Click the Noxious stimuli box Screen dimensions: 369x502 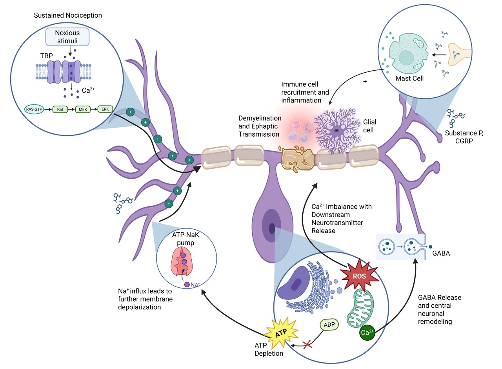click(x=67, y=37)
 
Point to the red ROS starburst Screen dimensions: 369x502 click(x=359, y=276)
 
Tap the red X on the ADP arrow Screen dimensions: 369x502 click(x=308, y=345)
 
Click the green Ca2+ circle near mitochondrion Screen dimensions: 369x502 click(x=367, y=332)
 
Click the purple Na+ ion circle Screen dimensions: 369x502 click(x=187, y=284)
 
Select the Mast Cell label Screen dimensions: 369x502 click(x=410, y=79)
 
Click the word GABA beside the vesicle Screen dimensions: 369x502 click(x=441, y=253)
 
